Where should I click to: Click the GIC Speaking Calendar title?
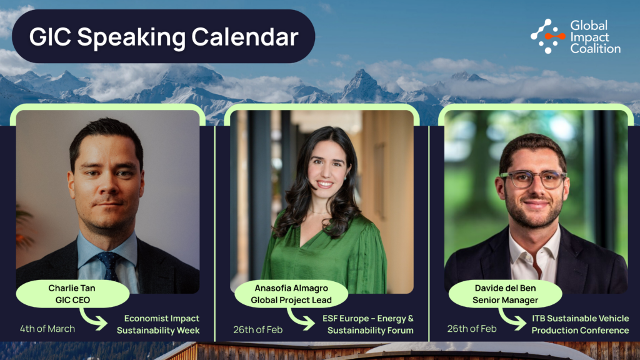(164, 37)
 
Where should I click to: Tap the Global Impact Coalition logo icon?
(547, 36)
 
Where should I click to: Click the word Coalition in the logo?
(595, 49)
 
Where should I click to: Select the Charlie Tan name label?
(72, 294)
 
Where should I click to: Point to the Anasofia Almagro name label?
(291, 294)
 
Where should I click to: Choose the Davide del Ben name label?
(505, 294)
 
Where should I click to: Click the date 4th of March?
(47, 329)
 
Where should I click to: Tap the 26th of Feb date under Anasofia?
(258, 330)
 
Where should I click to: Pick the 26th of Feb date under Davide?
(472, 329)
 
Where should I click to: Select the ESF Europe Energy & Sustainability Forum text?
(368, 324)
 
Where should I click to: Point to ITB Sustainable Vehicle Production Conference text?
(580, 324)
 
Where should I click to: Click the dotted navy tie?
(108, 265)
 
